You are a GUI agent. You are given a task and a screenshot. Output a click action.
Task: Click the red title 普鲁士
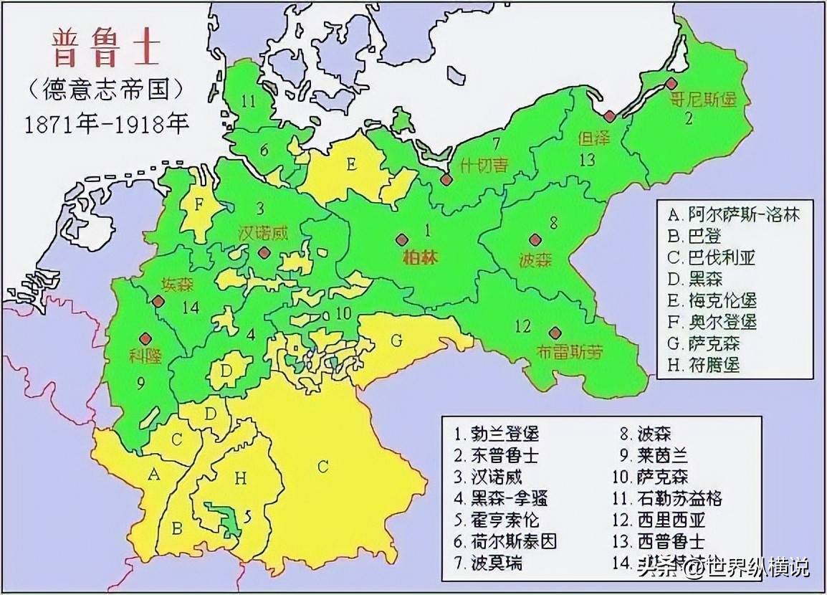tap(106, 48)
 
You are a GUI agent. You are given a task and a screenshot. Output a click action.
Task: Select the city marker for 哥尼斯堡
tap(671, 83)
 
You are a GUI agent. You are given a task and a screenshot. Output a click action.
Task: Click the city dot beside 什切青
tap(446, 181)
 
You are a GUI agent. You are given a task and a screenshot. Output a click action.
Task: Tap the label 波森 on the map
tap(535, 260)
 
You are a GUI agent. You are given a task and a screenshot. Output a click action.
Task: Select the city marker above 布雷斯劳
tap(555, 333)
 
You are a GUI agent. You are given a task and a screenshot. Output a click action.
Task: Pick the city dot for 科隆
tap(145, 338)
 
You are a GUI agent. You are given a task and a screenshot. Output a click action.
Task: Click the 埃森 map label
tap(178, 282)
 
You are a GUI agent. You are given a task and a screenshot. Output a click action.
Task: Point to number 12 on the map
tap(522, 327)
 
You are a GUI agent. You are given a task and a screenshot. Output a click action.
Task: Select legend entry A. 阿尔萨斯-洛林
tap(733, 214)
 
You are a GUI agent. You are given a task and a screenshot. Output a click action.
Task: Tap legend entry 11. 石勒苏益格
tap(678, 497)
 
